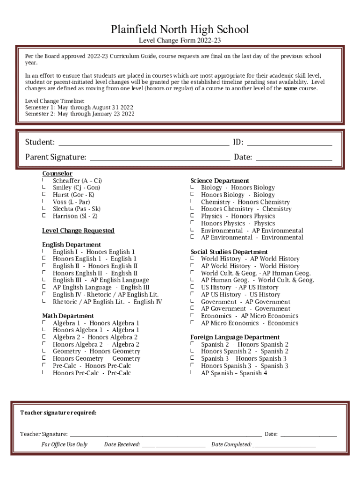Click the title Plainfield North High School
tap(180, 30)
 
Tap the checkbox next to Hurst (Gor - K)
tap(43, 195)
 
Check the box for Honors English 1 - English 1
tap(43, 259)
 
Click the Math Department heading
tap(68, 316)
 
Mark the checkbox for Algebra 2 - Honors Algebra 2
tap(43, 337)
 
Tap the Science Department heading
tap(220, 181)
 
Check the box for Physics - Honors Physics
tap(192, 216)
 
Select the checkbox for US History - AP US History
tap(192, 287)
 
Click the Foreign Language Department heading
tap(235, 337)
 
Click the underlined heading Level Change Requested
tap(78, 231)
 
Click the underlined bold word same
tap(290, 88)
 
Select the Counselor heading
tap(57, 174)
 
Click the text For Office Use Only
tap(64, 444)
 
